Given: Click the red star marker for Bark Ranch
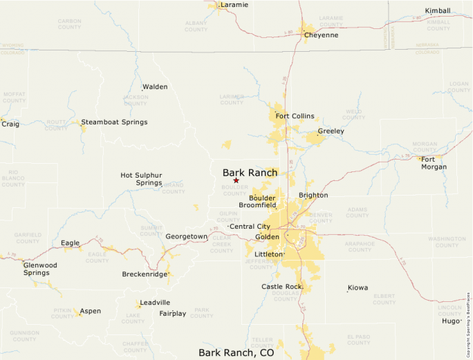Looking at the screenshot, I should (236, 180).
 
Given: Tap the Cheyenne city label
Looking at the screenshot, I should (322, 35).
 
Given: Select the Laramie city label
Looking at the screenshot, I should (234, 5).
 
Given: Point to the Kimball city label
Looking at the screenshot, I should (437, 11).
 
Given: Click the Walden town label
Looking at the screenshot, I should (155, 87).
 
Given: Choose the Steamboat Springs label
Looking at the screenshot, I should (114, 122).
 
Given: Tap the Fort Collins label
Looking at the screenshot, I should (295, 116).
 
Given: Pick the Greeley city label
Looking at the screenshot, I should (331, 131).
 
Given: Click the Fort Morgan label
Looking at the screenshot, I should (434, 163).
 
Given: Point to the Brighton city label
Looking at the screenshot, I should (313, 196).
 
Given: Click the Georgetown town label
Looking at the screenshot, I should (186, 236).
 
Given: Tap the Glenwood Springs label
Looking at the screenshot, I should (40, 269).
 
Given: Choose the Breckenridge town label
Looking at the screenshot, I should (145, 274).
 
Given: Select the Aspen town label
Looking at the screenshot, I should (90, 311).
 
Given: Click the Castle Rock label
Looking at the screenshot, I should (282, 286).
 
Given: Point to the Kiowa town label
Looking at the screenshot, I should (358, 287).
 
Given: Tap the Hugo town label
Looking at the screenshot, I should (452, 321).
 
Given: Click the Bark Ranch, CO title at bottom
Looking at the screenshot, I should (236, 352).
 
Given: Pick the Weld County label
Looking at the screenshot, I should (353, 114).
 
